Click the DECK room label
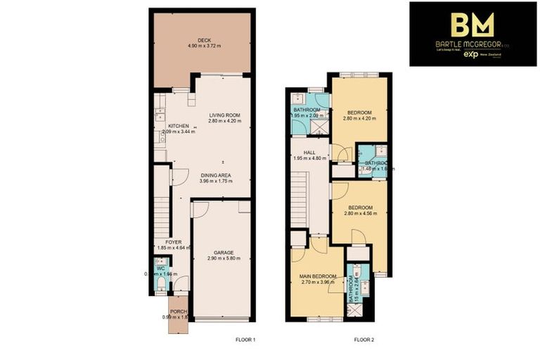coord(204,40)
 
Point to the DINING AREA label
coord(216,175)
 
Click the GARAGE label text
coord(224,252)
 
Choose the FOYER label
coord(163,242)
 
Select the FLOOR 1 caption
coord(245,340)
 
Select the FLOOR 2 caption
coord(364,340)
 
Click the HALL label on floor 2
coord(308,152)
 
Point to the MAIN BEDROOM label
coord(319,276)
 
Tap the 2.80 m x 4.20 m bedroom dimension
coord(359,119)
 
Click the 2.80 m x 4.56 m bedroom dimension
coord(359,214)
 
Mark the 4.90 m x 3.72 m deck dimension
coord(204,46)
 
